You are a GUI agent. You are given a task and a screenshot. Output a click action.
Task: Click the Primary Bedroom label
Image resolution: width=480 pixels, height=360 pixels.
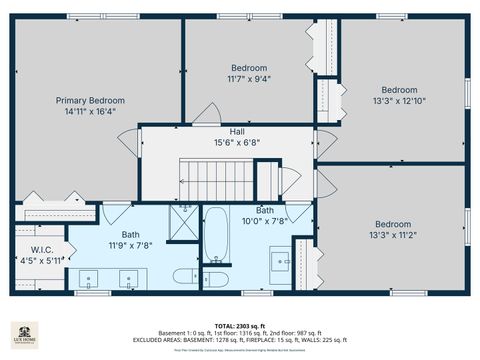coord(90,100)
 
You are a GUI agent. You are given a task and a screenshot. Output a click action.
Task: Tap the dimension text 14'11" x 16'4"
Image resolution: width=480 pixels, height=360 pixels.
coord(90,112)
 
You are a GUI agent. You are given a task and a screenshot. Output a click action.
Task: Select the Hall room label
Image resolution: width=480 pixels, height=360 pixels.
coord(237,132)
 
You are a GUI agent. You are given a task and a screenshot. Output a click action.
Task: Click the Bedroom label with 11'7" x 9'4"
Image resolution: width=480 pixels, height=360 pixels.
coord(249,67)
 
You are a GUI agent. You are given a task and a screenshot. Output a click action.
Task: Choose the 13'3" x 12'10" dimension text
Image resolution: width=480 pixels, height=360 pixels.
coord(399,100)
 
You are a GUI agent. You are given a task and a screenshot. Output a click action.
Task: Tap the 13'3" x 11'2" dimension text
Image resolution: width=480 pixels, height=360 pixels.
coord(393,236)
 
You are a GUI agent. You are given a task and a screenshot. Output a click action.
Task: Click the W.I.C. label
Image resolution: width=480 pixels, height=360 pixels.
coord(41,250)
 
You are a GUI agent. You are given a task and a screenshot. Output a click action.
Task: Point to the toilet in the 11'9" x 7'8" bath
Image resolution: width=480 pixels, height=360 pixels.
coord(186,276)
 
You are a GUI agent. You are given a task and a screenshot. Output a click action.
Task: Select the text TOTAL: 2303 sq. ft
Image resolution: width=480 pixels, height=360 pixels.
coord(240,326)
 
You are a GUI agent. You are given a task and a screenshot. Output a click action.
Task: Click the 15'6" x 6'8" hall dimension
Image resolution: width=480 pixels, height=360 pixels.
coord(237,143)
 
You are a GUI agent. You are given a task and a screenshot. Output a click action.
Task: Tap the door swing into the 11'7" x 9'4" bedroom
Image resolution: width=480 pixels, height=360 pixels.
coord(204,114)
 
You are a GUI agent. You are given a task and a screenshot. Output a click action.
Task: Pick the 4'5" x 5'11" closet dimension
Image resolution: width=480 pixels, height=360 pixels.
coord(41,261)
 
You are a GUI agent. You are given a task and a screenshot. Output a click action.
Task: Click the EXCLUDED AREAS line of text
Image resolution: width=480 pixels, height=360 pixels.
coord(240,341)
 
